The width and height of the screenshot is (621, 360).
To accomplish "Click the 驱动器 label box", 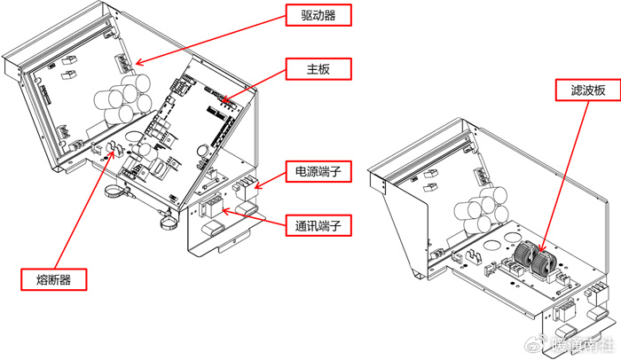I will tap(318, 15).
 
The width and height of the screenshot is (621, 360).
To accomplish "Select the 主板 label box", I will tap(318, 68).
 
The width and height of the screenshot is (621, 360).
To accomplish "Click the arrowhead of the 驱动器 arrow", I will tap(136, 65).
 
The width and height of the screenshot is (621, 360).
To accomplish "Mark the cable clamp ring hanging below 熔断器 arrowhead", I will tap(116, 192).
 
